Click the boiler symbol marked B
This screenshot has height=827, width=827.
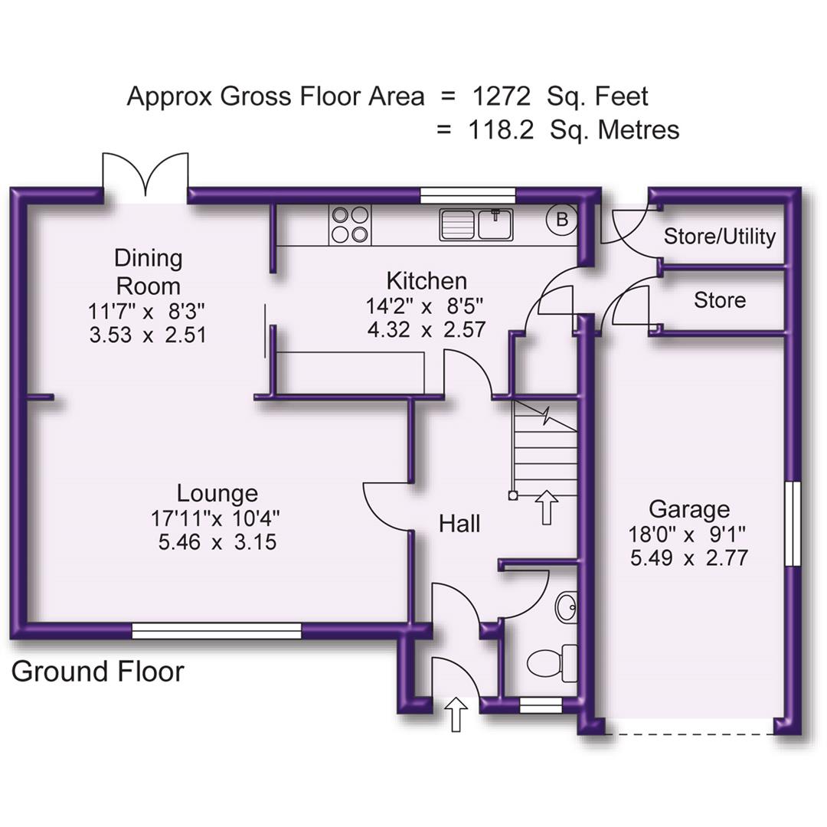561,221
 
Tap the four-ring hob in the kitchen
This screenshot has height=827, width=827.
349,225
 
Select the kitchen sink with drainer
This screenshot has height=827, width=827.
476,224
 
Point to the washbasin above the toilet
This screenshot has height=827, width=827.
567,608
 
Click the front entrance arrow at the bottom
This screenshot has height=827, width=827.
456,714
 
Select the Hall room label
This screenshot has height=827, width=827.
459,524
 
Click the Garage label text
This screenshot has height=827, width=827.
688,509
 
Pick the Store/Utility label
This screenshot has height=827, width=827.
719,237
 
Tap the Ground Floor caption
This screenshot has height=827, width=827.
98,672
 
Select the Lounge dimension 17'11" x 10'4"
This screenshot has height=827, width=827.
216,518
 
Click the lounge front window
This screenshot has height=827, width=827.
217,630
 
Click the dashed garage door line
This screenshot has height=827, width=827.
689,734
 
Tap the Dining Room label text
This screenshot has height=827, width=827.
149,272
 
